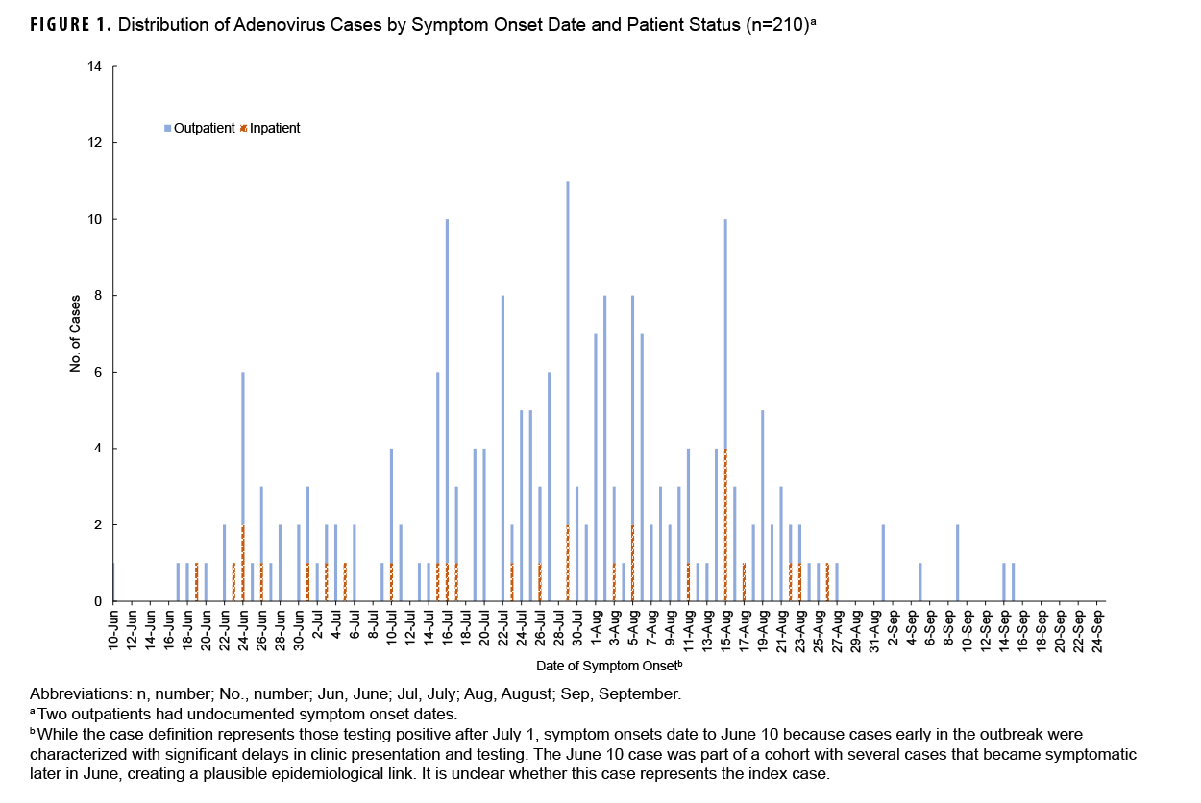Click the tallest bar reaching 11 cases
568,384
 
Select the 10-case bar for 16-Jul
447,403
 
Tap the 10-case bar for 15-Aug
725,403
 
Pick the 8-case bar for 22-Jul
502,442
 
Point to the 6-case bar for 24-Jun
242,480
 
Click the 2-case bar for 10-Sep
957,563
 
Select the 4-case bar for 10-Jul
391,519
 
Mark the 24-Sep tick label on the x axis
1096,629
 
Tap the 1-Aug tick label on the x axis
596,629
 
